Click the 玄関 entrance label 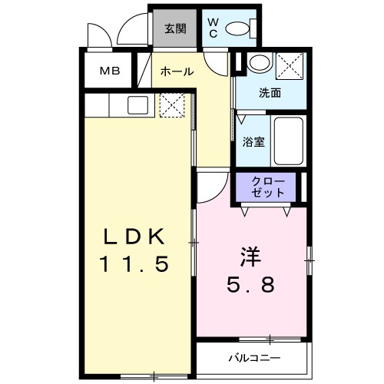click(175, 30)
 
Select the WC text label click(213, 28)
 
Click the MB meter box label click(108, 71)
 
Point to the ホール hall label click(176, 71)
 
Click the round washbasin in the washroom click(259, 63)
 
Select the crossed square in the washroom click(289, 65)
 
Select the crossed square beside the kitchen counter click(170, 105)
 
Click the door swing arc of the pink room click(211, 184)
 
